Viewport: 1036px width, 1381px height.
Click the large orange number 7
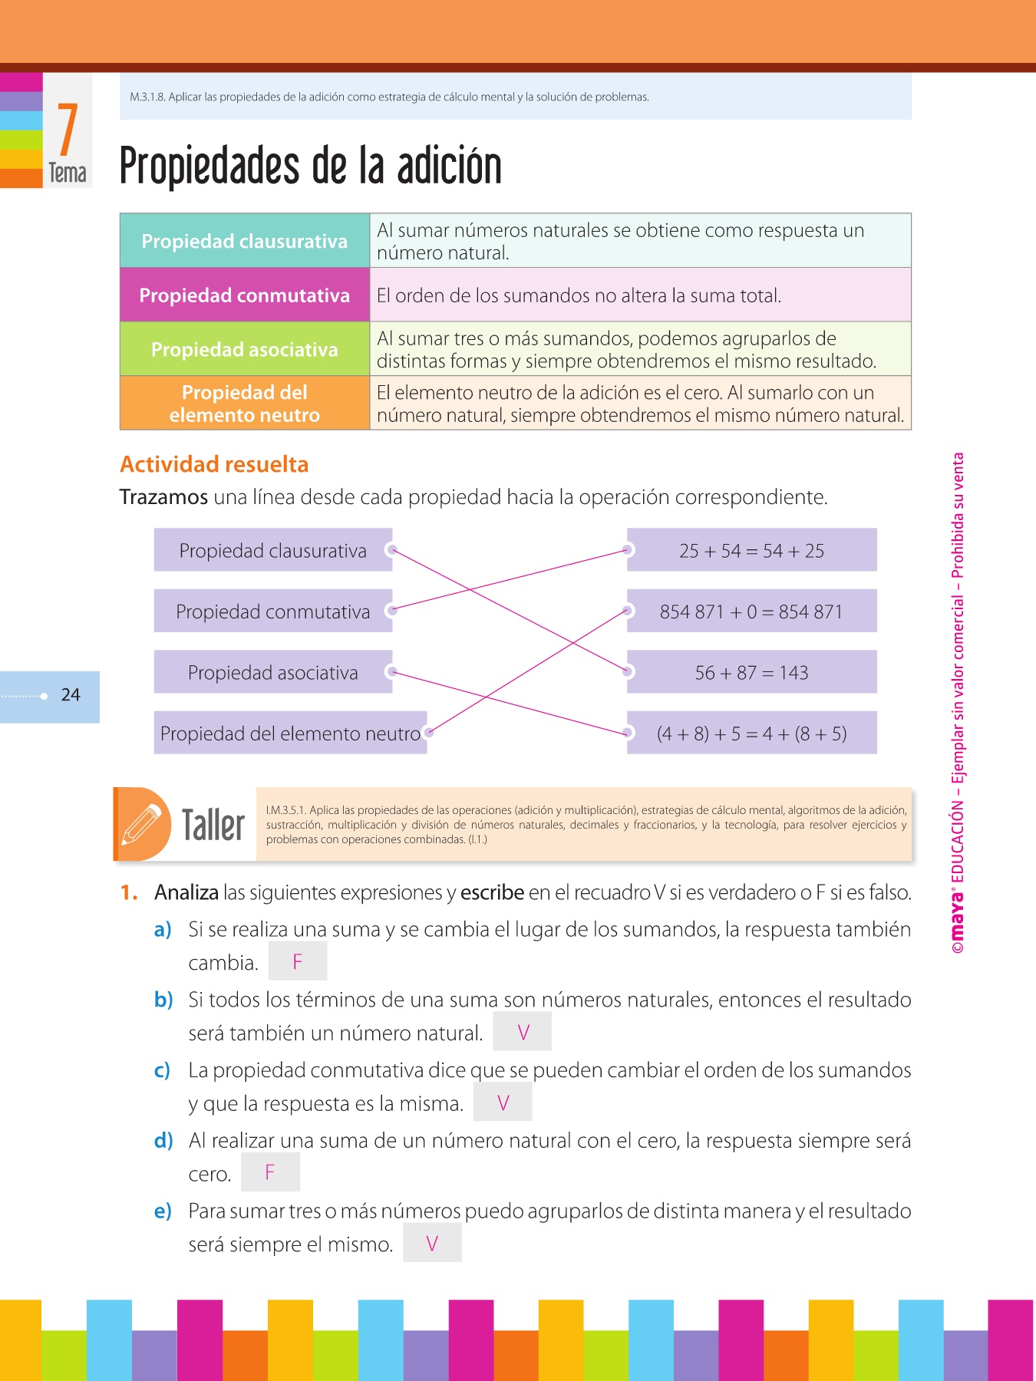[68, 130]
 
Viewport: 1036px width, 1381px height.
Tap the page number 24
[71, 695]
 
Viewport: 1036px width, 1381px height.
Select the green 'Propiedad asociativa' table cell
[245, 349]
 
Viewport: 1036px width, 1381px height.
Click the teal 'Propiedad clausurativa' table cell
[245, 241]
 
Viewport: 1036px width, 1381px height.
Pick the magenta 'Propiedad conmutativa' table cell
[245, 295]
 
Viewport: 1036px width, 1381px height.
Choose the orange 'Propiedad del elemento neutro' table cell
[245, 404]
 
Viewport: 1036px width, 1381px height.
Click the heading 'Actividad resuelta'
[214, 464]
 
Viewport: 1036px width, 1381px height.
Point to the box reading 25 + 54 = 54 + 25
[751, 550]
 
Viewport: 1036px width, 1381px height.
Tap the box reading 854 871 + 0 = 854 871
[751, 611]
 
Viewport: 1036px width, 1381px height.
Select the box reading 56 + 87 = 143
[751, 673]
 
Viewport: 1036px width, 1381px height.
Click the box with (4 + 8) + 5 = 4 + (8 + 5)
[751, 733]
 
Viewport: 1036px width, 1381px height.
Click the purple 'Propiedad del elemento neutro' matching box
[290, 733]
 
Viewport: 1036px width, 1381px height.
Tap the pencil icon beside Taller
[143, 824]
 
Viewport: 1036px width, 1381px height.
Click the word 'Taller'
[213, 826]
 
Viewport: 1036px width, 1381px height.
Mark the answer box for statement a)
[298, 961]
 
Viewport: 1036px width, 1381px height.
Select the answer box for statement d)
[270, 1172]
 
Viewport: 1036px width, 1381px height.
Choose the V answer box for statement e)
[432, 1243]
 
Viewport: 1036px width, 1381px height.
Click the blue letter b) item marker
[163, 1000]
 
